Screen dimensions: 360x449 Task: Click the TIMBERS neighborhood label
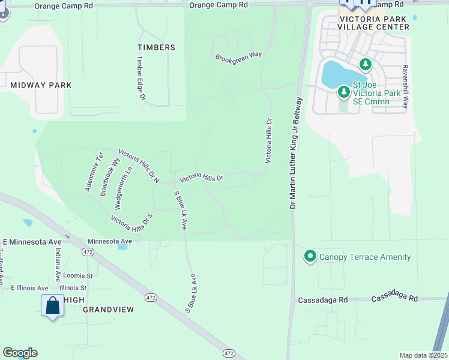coord(156,47)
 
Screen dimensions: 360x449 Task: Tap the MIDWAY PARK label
coord(41,85)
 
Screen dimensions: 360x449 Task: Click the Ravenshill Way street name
coord(406,86)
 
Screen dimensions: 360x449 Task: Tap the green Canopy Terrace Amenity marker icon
coord(310,257)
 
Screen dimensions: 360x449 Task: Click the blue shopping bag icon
coord(53,305)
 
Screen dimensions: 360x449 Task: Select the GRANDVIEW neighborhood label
coord(108,310)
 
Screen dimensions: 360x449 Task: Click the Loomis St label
coord(78,276)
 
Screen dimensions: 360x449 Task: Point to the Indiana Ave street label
coord(58,266)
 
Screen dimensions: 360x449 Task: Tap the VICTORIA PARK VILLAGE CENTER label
coord(374,23)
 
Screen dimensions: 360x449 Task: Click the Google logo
coord(20,353)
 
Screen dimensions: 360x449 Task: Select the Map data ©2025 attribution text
coord(423,355)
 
